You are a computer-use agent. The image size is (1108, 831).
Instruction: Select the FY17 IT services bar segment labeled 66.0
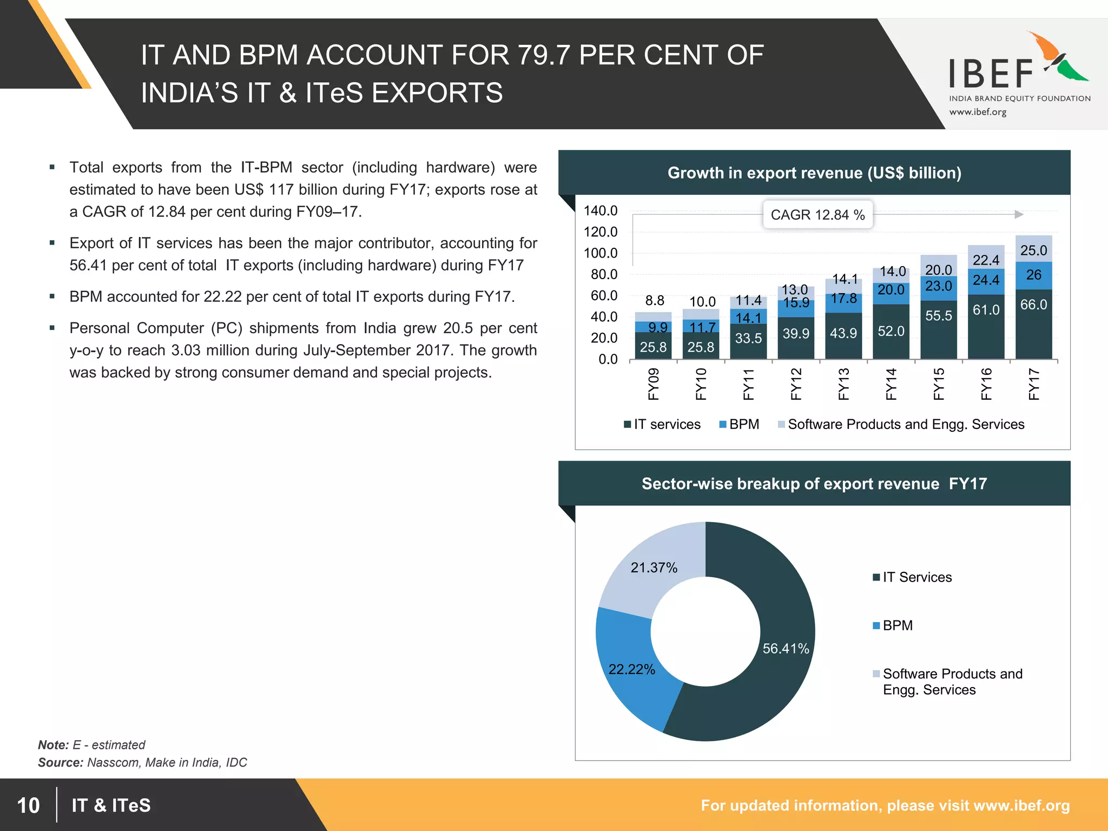(x=1033, y=325)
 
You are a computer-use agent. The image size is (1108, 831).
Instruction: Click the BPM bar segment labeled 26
(x=1033, y=275)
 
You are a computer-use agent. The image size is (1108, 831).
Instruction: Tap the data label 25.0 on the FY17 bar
(x=1033, y=250)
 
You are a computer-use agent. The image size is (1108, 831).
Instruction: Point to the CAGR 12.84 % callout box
(x=817, y=215)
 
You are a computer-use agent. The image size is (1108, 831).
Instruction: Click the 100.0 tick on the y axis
(x=600, y=253)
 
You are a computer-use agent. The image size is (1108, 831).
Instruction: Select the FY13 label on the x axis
(x=843, y=384)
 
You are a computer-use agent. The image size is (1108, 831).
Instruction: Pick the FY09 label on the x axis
(x=654, y=384)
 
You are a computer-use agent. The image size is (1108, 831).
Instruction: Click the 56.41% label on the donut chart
(x=786, y=648)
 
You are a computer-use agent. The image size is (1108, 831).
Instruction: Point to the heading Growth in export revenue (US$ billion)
(x=814, y=173)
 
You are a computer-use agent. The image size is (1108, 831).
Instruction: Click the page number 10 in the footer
(x=28, y=805)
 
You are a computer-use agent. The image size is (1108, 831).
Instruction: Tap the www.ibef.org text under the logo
(x=978, y=112)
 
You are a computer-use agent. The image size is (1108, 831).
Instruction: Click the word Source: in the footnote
(x=60, y=762)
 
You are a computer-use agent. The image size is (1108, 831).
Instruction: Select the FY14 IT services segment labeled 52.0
(x=891, y=331)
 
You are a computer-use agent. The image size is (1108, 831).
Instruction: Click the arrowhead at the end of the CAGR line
(x=1019, y=215)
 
